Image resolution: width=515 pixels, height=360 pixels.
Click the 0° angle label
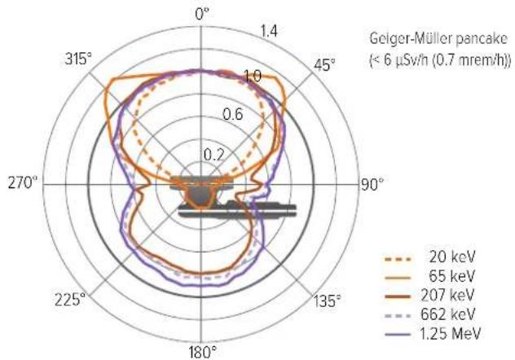click(x=201, y=15)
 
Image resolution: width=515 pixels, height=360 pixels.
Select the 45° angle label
click(x=324, y=65)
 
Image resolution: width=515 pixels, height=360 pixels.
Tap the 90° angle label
click(x=372, y=184)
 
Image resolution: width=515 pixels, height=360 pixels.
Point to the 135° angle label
click(x=327, y=301)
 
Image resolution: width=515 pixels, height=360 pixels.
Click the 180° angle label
click(x=203, y=353)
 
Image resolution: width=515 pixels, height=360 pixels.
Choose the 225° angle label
click(x=70, y=300)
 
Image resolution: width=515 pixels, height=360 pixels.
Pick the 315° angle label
click(x=78, y=59)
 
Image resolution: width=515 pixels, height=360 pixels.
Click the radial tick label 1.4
click(x=269, y=32)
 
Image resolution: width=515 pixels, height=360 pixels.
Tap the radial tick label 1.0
click(x=253, y=76)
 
